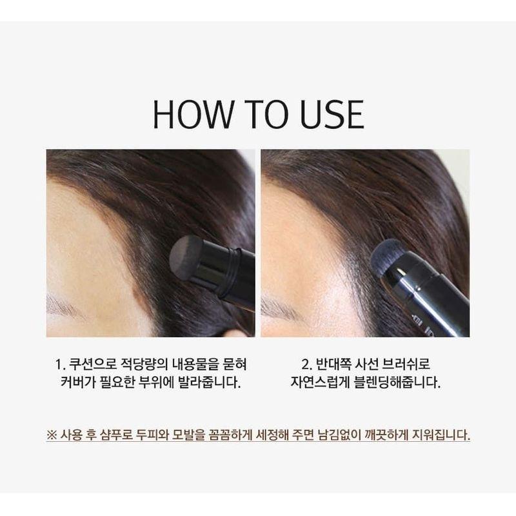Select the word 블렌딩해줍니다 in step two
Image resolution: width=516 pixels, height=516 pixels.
[x=399, y=381]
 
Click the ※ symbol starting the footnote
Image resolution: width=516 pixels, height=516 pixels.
[x=52, y=434]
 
